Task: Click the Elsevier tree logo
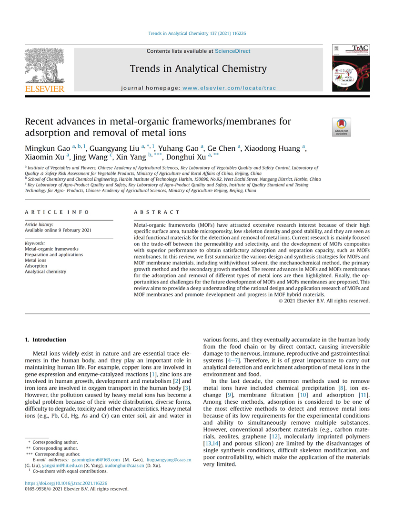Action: [x=44, y=67]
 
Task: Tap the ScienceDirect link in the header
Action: [x=232, y=51]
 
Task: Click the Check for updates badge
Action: [x=341, y=127]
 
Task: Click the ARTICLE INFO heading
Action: [x=57, y=212]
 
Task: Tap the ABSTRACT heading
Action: [x=157, y=212]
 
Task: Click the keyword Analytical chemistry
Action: [x=46, y=272]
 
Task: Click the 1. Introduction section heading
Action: [x=45, y=340]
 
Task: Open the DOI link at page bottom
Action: [x=66, y=483]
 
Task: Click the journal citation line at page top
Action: [x=197, y=34]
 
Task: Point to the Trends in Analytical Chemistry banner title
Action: [x=198, y=69]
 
